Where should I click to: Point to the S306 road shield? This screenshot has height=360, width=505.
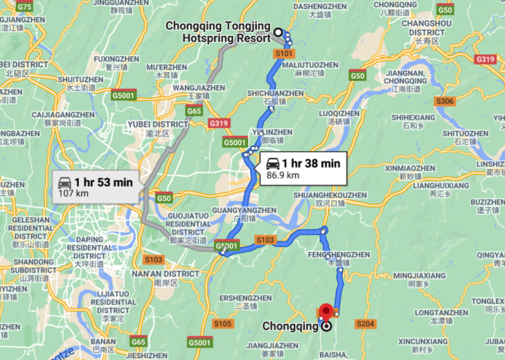point(445,101)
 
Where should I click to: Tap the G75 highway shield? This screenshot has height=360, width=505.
point(25,6)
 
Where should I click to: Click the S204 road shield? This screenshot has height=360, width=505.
point(365,324)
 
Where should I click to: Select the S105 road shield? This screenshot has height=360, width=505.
point(222,324)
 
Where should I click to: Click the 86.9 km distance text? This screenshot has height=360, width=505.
point(282,175)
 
